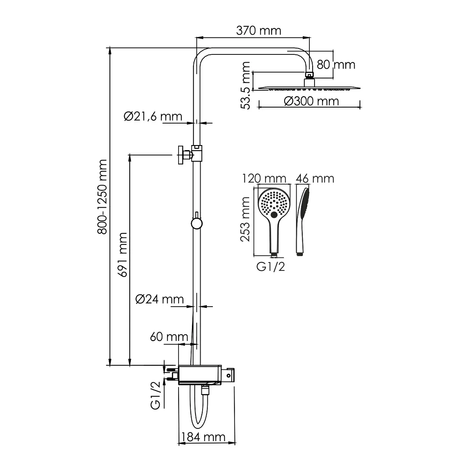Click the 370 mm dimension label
coord(259,31)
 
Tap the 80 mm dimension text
coord(336,65)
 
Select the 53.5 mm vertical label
coord(245,86)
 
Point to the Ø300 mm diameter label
coord(311,101)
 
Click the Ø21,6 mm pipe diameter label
coord(153,116)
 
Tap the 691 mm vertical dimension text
coord(123,255)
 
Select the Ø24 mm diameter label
coord(159,299)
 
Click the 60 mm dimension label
coord(169,337)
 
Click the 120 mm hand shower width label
coord(264,179)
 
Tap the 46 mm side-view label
coord(315,179)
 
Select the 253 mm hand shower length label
coord(245,219)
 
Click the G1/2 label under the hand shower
coord(270,266)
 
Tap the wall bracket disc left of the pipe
coord(181,155)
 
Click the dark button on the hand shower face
coord(274,215)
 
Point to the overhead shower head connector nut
coord(309,74)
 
